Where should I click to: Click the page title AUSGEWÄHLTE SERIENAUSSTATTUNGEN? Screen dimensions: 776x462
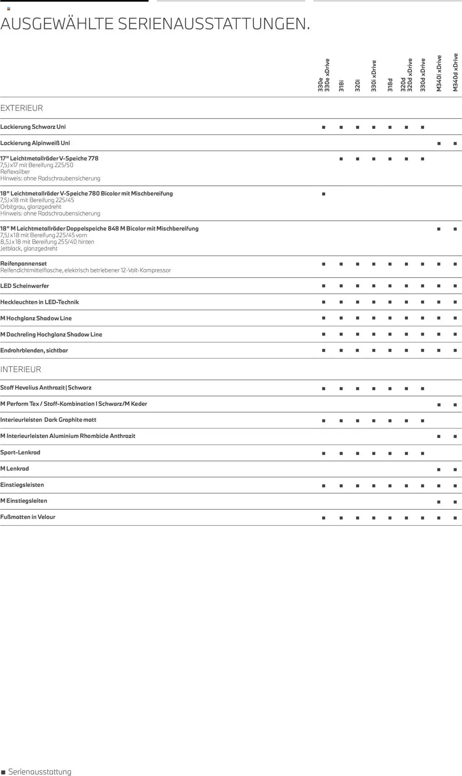pos(155,24)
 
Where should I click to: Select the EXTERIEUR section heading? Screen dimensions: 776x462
pos(22,108)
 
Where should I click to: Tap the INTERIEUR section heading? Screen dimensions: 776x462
pos(21,369)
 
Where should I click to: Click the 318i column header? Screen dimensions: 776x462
pos(341,86)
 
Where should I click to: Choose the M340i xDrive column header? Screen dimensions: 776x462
pos(439,73)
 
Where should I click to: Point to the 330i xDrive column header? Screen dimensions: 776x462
pos(374,76)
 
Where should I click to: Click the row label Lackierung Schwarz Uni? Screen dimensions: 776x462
pos(33,127)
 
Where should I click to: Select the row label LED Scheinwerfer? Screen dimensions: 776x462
pos(25,286)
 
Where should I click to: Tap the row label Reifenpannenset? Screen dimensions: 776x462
pos(23,264)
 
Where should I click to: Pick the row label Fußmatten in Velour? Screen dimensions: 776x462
pos(28,517)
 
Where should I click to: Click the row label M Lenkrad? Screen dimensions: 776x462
pos(14,469)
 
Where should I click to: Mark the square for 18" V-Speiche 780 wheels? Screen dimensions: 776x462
pos(323,194)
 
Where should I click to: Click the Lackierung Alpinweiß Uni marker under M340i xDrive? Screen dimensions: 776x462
pos(439,143)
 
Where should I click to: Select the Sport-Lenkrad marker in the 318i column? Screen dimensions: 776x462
pos(341,453)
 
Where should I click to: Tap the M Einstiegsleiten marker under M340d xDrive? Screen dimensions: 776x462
pos(455,502)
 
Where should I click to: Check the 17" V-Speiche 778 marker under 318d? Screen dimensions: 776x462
pos(390,159)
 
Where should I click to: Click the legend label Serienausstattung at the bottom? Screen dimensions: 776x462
pos(40,772)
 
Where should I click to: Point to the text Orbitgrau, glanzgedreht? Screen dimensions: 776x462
pos(31,207)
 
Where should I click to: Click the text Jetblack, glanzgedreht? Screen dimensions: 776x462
pos(29,249)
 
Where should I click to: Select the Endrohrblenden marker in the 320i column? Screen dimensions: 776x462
pos(357,351)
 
